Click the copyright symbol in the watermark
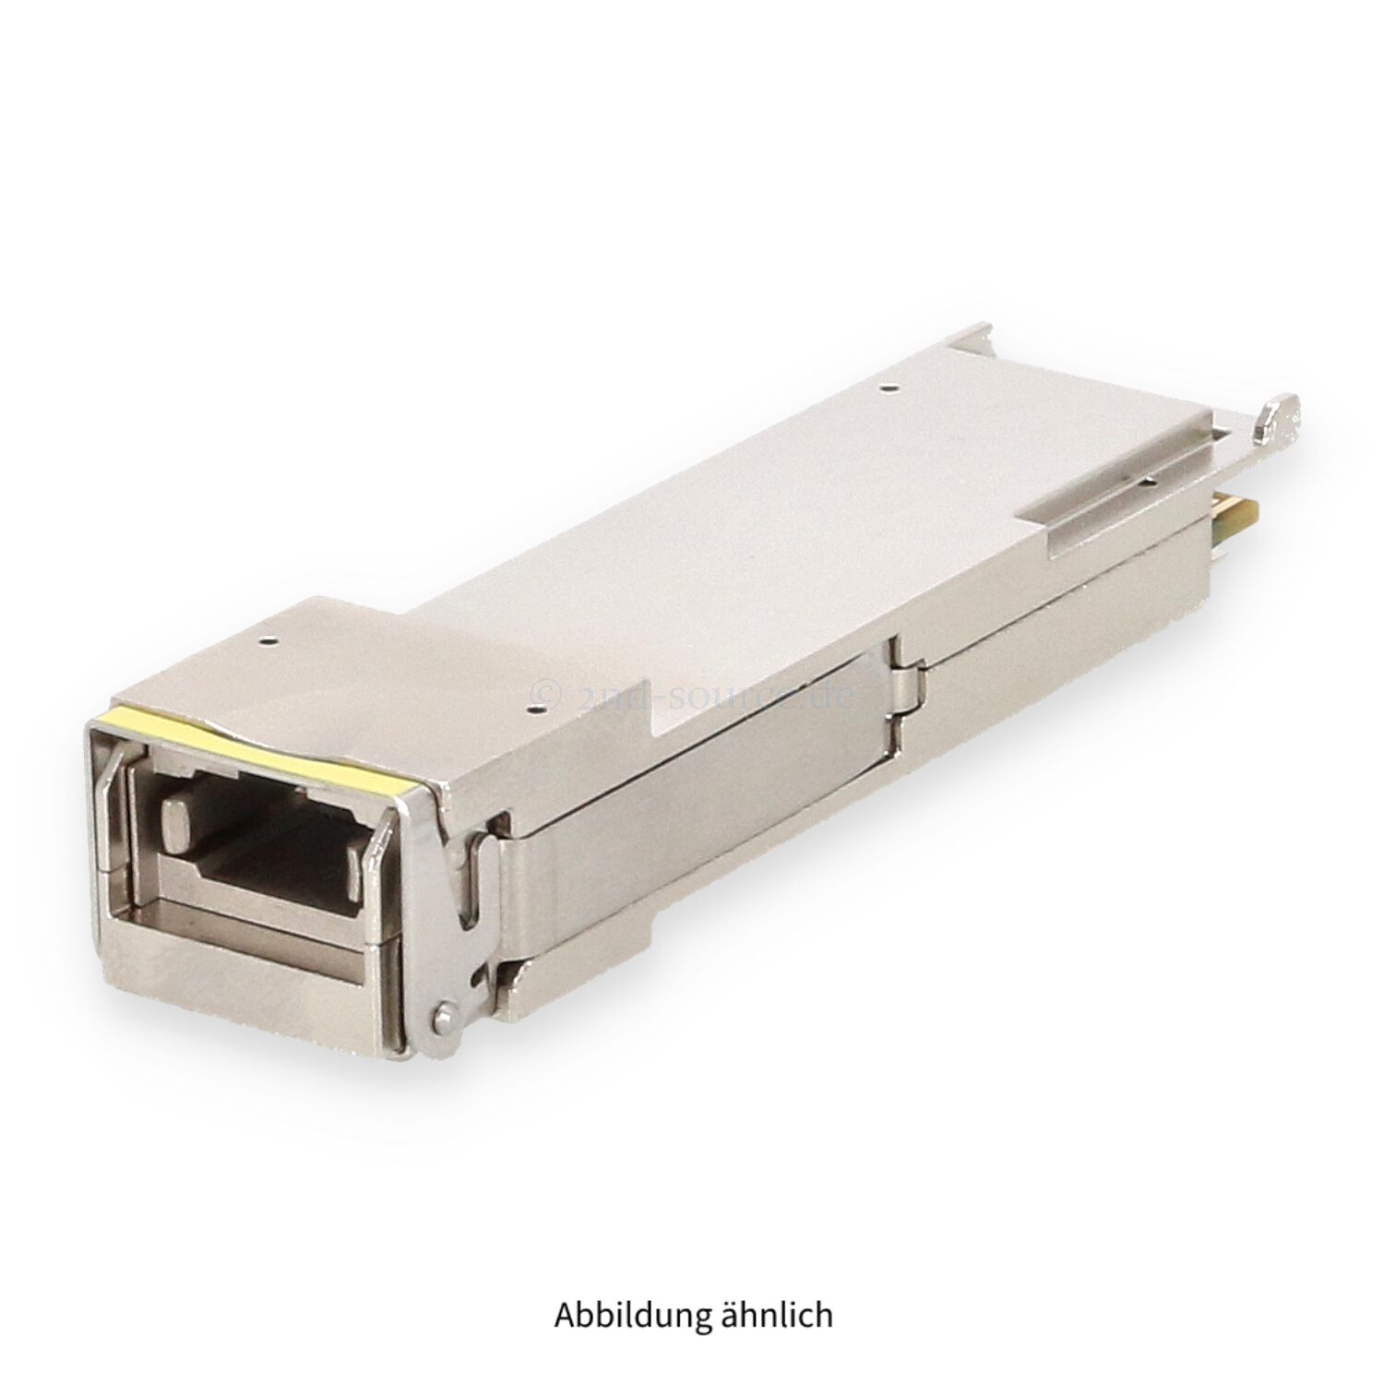point(545,689)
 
